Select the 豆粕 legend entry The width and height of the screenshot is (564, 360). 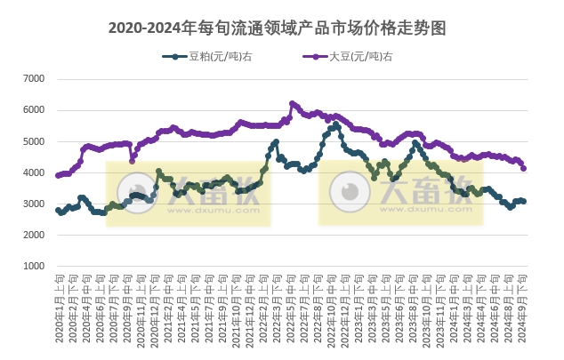206,57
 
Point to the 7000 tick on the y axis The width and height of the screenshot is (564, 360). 33,79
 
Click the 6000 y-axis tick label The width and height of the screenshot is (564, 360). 33,110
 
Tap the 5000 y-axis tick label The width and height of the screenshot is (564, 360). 33,141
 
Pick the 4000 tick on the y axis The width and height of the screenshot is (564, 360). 33,172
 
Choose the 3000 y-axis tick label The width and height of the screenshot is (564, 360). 33,204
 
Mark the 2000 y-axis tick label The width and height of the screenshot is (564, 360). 33,235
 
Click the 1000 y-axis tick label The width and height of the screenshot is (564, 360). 33,266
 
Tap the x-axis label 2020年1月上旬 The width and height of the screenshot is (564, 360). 58,307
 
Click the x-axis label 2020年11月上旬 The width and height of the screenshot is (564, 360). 141,307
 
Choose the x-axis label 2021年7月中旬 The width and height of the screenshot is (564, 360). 209,307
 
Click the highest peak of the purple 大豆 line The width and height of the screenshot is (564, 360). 292,103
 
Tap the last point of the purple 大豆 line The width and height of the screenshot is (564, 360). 523,168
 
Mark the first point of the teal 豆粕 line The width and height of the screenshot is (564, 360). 58,211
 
